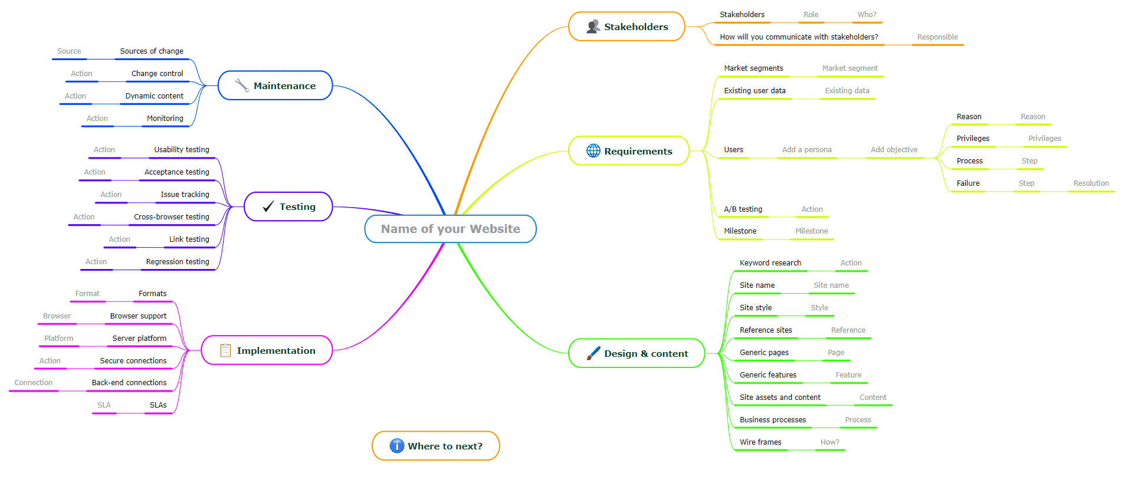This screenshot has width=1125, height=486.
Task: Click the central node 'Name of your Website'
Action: click(450, 229)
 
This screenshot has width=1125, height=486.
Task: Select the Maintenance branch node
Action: click(275, 86)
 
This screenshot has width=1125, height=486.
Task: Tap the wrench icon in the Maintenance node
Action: click(242, 86)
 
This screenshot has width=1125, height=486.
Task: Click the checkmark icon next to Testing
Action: click(268, 206)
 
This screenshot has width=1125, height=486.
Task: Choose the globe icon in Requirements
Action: click(593, 150)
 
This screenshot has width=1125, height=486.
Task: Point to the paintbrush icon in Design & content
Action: click(593, 353)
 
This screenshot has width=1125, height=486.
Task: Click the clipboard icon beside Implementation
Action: click(225, 350)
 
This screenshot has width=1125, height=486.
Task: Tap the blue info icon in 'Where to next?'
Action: click(397, 446)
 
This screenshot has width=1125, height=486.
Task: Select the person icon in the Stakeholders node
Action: click(593, 27)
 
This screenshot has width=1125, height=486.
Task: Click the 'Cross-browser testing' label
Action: click(172, 217)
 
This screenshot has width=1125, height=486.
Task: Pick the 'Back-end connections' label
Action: click(129, 383)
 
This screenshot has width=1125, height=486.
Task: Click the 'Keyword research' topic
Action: click(770, 263)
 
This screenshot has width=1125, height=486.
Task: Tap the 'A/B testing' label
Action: click(743, 209)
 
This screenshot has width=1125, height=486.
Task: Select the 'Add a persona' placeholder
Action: click(807, 150)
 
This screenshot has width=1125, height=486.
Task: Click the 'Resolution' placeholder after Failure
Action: click(1091, 183)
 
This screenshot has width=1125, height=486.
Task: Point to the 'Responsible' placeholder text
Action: click(937, 37)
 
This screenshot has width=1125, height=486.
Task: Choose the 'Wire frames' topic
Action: click(760, 442)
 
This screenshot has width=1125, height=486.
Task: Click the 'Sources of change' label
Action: click(152, 51)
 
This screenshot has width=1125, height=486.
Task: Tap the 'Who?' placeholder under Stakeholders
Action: click(867, 15)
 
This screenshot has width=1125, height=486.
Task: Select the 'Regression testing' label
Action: click(178, 262)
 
